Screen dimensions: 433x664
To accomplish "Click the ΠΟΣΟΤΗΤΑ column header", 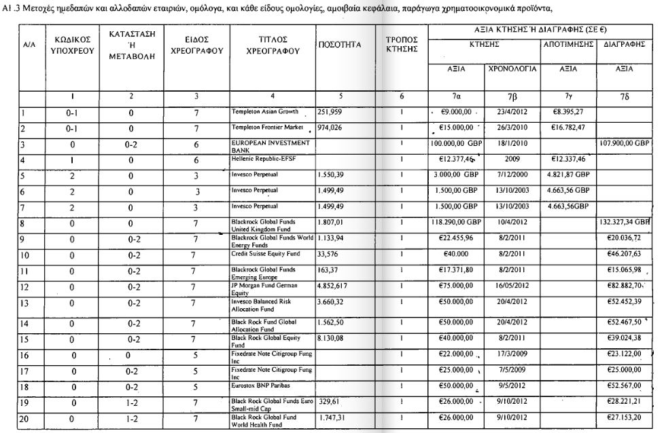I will coord(338,45).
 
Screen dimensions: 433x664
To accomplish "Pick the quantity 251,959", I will coord(332,111).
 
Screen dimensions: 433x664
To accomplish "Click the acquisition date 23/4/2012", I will coord(512,111).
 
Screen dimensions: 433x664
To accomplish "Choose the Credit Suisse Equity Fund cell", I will coord(266,253).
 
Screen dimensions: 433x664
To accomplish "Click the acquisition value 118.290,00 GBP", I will coord(455,222).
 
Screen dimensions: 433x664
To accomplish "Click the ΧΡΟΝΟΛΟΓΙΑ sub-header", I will coord(512,69).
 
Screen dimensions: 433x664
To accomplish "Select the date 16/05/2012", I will coord(512,286).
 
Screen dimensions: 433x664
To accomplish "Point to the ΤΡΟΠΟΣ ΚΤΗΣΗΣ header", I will coord(401,45).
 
